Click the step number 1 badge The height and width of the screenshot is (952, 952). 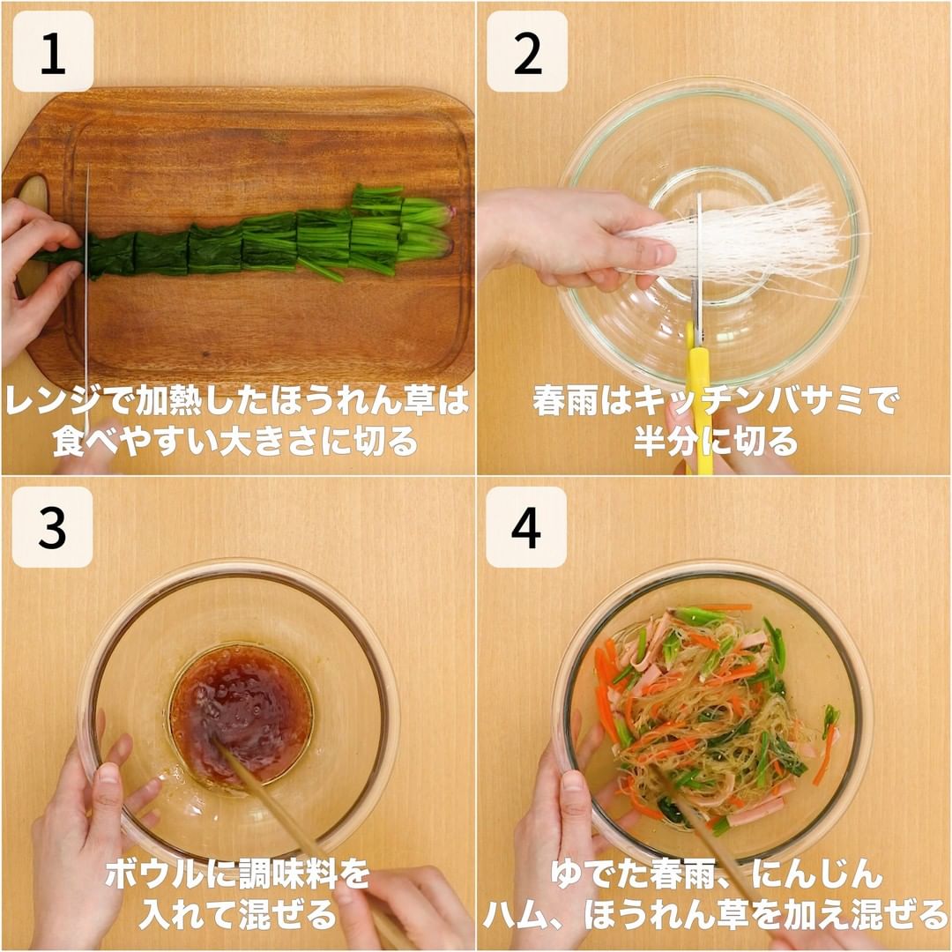tap(53, 51)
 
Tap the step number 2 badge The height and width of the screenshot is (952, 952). tap(527, 51)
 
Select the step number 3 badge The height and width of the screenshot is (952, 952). tap(52, 527)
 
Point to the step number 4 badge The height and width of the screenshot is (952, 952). tap(526, 527)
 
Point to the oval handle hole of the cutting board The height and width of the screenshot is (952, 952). tap(33, 237)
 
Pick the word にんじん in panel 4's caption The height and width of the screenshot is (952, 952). tap(816, 875)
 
